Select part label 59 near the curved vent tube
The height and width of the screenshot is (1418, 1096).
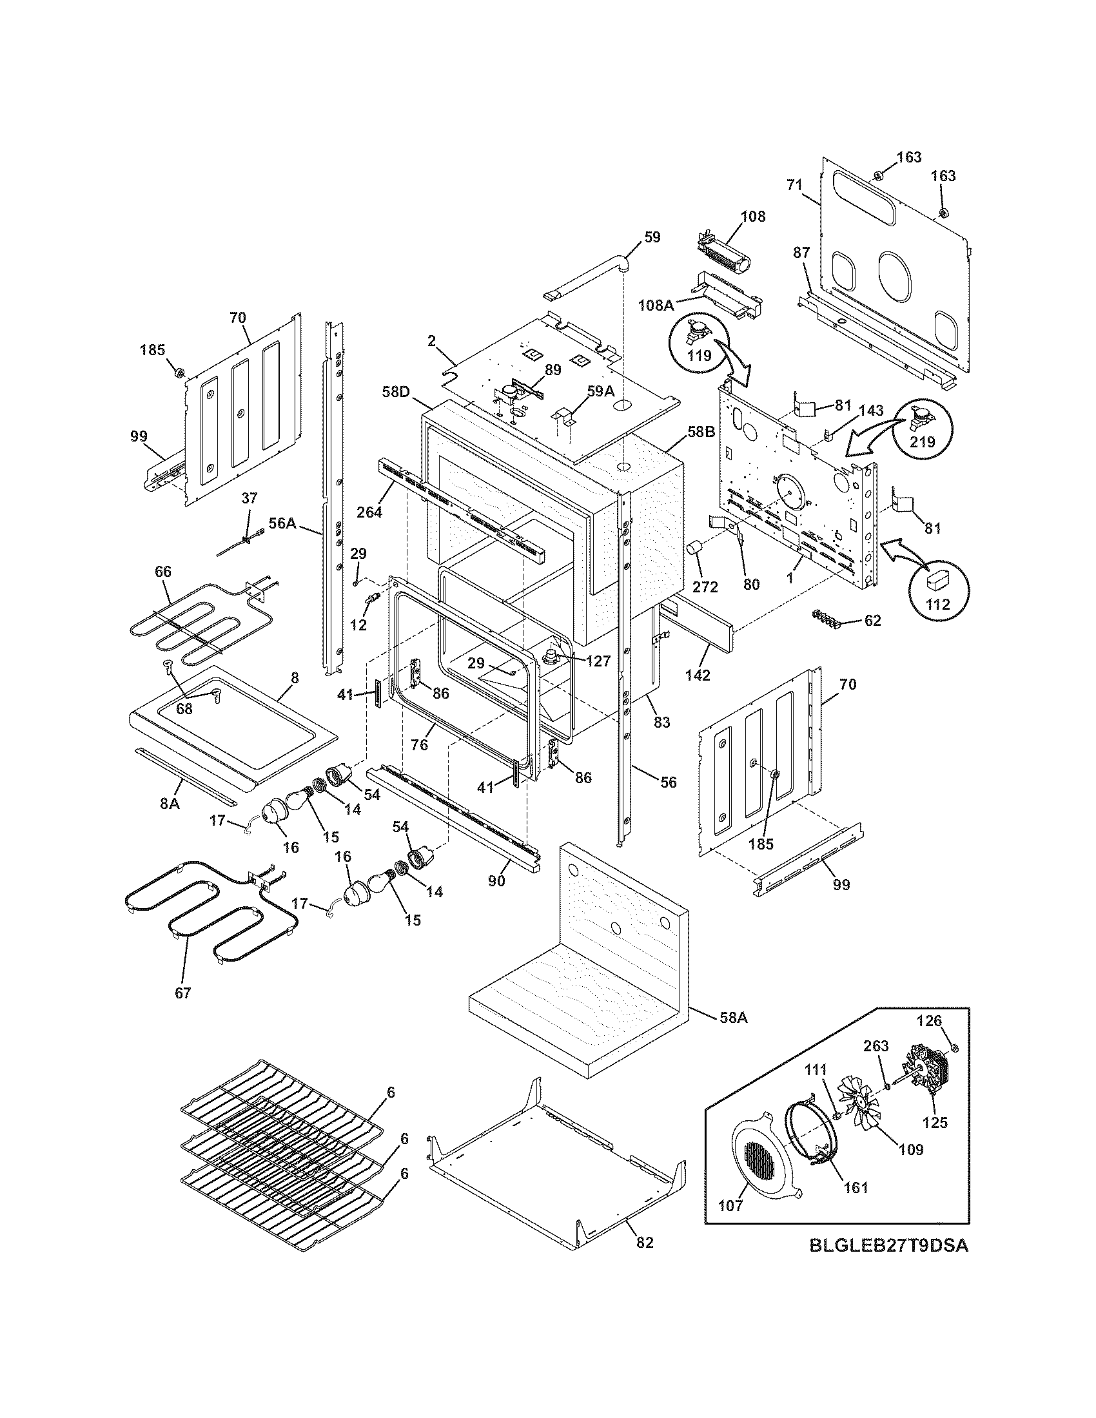[x=652, y=237]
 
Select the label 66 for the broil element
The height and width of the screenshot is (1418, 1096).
[x=163, y=571]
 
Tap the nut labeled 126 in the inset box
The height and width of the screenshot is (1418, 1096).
[x=954, y=1047]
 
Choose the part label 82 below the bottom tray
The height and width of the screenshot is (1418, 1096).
[x=644, y=1243]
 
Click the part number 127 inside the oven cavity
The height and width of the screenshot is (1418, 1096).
[x=598, y=661]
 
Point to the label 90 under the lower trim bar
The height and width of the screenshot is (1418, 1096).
[x=496, y=880]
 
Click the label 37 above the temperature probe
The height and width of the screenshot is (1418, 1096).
[x=250, y=499]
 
